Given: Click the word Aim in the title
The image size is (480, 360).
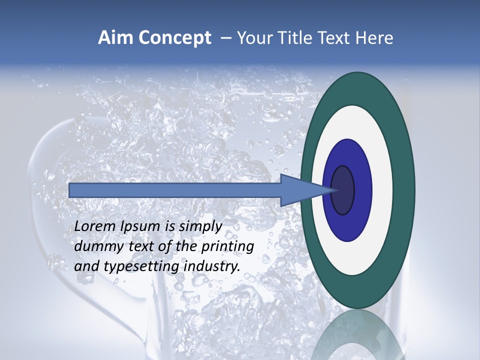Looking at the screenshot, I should coord(115,38).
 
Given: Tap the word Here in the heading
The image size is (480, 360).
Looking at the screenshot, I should coord(374,38).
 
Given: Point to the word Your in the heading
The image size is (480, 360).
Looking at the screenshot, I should coord(254,38).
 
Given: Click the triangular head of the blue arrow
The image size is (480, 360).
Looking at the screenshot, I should coord(300,190).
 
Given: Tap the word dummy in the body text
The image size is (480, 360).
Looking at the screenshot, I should coord(98,246).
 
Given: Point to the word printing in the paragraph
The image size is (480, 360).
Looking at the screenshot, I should coord(227,247).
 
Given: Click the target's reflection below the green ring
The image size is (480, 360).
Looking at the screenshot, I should coord(358,335).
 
